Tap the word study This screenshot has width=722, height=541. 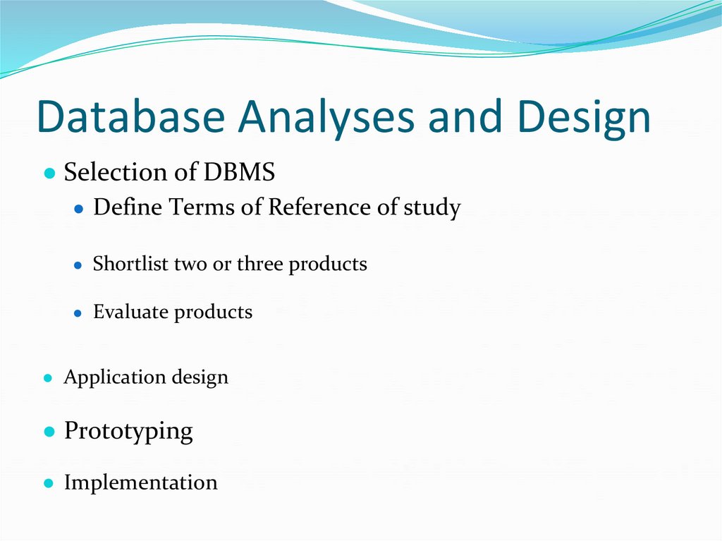432,209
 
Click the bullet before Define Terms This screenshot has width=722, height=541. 79,209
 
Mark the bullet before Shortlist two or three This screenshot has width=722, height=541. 79,265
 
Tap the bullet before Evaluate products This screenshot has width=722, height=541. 79,313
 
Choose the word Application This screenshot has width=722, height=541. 114,377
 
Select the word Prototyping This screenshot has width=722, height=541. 128,431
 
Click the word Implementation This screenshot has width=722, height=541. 140,482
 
